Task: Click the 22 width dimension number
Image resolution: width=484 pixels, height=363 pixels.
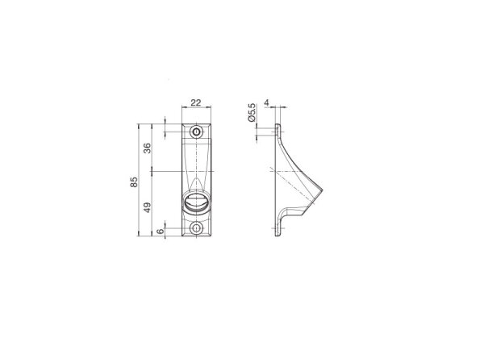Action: coord(196,102)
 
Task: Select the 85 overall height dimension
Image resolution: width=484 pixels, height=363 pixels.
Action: coord(134,181)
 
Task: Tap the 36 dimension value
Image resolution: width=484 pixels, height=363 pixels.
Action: coord(148,148)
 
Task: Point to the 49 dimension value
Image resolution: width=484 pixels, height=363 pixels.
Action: coord(148,207)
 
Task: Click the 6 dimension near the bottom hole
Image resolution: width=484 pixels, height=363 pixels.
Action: coord(161,232)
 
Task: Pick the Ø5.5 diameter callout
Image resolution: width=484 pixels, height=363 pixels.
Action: coord(252,112)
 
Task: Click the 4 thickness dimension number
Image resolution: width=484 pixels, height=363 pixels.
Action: coord(267,102)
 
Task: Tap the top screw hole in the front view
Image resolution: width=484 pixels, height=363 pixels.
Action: coord(196,132)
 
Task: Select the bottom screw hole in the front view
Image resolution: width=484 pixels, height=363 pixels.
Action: coord(196,228)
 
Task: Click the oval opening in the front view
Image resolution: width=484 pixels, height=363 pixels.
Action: coord(196,202)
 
